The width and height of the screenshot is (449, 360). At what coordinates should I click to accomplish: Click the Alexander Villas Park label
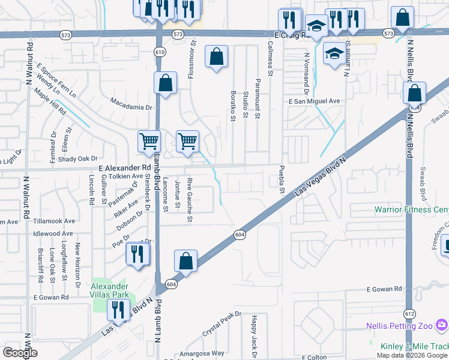point(110,290)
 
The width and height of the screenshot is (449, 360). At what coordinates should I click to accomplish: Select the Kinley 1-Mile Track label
point(414,346)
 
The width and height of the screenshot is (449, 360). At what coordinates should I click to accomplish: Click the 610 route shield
point(159,52)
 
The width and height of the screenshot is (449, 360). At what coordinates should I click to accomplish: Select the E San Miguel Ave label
point(314,101)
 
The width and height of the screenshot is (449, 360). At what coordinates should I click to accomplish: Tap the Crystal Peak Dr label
point(221,323)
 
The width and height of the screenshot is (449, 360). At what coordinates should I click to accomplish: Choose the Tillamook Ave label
point(53,221)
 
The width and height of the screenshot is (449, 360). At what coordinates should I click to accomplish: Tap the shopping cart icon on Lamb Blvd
point(149,142)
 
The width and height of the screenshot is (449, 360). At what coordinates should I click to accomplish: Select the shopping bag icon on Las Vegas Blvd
point(185,261)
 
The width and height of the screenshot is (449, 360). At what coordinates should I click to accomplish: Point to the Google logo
point(20,352)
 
